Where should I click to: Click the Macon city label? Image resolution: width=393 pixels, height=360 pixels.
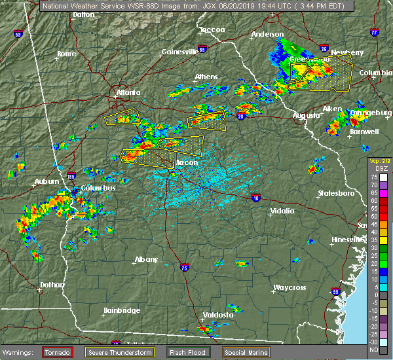188,163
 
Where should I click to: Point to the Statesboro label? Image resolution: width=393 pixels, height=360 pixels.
335,193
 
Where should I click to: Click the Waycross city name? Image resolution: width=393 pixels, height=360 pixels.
290,287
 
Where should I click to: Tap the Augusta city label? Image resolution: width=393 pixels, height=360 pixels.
307,115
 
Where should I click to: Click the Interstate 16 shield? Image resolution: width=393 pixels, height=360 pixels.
255,197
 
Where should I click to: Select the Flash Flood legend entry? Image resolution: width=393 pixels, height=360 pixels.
187,353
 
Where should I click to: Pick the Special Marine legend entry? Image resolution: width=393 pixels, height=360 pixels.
240,353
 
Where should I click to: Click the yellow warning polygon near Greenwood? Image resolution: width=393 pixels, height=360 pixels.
320,73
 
